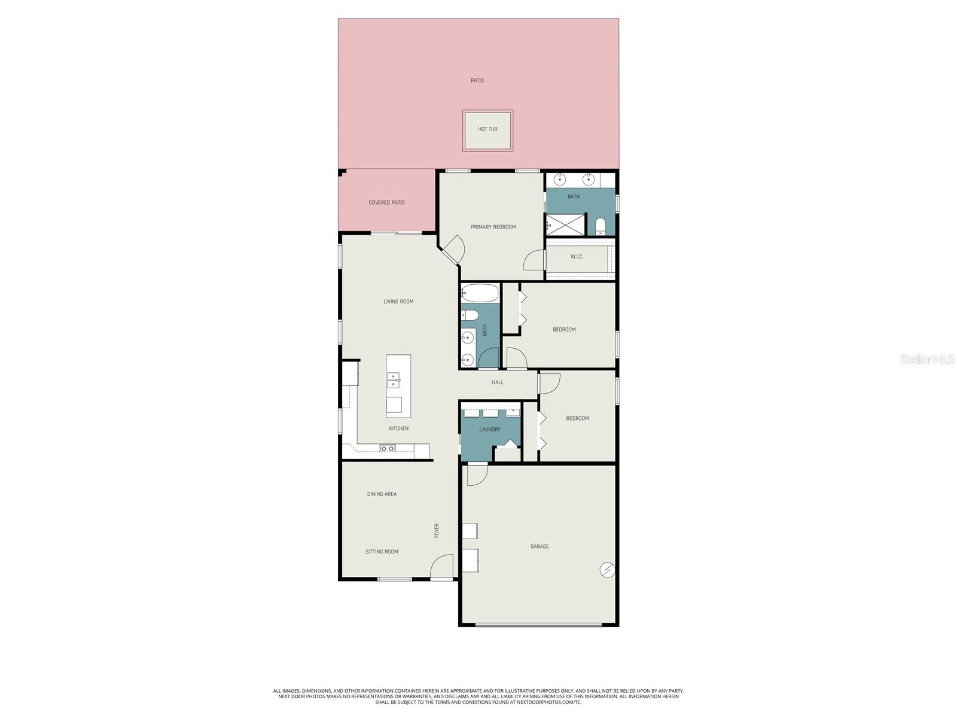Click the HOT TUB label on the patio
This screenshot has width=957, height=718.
(x=487, y=129)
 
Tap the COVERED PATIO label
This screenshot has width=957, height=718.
(x=386, y=203)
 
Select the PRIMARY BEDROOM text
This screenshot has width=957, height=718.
(x=493, y=227)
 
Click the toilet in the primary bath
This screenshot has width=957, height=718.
(x=601, y=226)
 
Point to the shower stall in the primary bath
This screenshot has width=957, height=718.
(x=565, y=225)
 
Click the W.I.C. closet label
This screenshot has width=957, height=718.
(x=577, y=257)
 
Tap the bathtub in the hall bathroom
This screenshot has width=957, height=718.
(x=480, y=293)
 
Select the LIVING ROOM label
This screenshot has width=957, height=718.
(x=398, y=302)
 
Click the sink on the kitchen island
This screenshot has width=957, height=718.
(x=393, y=380)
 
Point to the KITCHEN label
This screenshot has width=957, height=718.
(x=399, y=428)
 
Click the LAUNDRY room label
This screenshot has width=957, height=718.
(x=490, y=430)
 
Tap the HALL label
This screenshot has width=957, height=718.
(x=498, y=382)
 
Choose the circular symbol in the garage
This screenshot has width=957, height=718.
(x=607, y=570)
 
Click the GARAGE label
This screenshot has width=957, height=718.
(x=540, y=546)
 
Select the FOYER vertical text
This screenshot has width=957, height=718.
(x=437, y=530)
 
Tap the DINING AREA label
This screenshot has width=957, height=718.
(x=382, y=494)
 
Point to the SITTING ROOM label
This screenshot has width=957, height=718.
(x=382, y=552)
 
